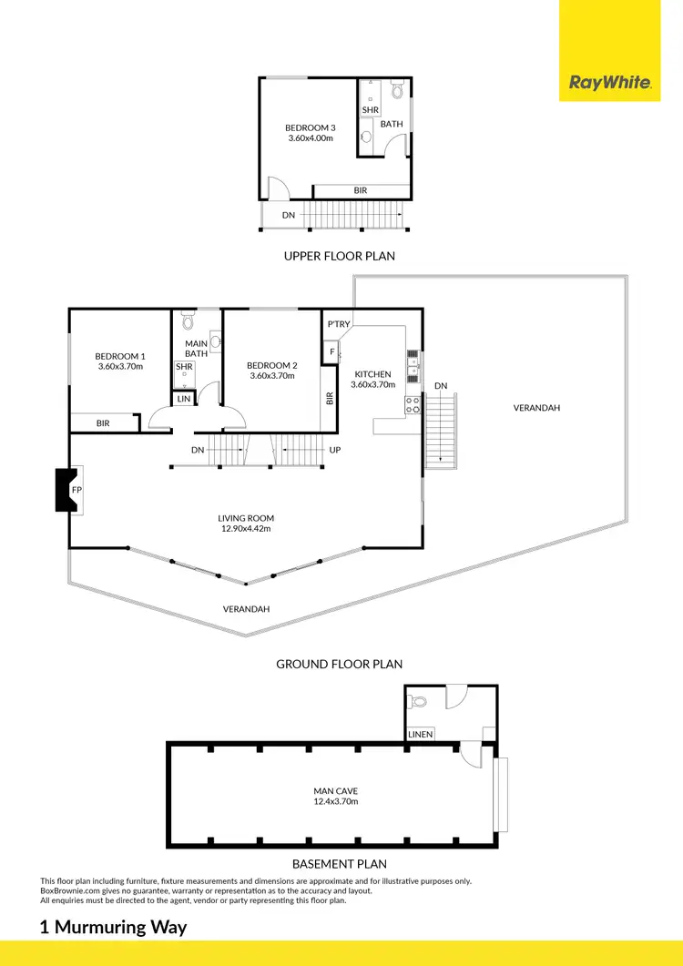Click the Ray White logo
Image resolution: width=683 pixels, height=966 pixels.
pyautogui.click(x=610, y=83)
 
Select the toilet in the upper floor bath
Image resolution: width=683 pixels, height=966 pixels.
pyautogui.click(x=396, y=91)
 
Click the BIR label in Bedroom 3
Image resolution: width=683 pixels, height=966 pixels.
pyautogui.click(x=362, y=191)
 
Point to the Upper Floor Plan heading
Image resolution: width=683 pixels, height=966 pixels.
pyautogui.click(x=340, y=256)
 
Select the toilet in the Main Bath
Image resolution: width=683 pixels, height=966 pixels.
pyautogui.click(x=188, y=321)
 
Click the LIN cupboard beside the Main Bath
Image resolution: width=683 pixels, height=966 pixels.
pyautogui.click(x=184, y=399)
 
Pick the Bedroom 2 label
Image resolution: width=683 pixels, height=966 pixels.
pyautogui.click(x=272, y=365)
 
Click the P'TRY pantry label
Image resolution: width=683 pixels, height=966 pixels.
pyautogui.click(x=338, y=324)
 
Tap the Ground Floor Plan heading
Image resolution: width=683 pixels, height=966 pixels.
pyautogui.click(x=340, y=665)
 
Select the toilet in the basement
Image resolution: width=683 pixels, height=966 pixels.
pyautogui.click(x=419, y=703)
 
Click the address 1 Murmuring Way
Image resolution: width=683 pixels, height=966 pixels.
pyautogui.click(x=113, y=928)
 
